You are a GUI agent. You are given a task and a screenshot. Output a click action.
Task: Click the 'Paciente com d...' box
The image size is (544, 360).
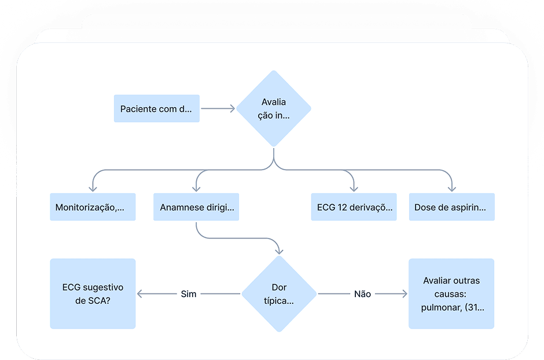156,109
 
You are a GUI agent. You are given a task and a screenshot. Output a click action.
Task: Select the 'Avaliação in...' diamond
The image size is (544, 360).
274,108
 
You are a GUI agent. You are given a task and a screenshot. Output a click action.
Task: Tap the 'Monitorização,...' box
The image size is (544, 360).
93,207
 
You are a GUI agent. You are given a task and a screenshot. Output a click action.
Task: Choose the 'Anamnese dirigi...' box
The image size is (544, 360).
196,207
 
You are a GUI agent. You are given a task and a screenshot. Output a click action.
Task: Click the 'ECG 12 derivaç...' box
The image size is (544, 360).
354,207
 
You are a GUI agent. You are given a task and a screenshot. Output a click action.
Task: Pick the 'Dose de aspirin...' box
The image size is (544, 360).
452,207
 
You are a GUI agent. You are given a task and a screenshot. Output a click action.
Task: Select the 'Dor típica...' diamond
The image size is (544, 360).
279,294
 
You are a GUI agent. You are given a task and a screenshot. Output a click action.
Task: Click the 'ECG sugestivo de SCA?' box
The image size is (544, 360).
93,294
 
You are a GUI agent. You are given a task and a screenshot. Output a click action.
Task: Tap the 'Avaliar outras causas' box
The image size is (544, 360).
451,294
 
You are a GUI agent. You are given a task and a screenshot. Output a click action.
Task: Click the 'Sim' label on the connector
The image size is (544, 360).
189,294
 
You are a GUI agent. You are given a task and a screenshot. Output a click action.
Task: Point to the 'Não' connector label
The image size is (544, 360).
362,294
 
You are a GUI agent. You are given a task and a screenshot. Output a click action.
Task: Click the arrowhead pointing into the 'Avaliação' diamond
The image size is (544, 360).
232,108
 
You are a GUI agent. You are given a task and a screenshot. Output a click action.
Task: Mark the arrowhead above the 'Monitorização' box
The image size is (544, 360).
93,189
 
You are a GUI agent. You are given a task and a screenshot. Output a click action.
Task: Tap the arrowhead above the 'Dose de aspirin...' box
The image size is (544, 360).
452,189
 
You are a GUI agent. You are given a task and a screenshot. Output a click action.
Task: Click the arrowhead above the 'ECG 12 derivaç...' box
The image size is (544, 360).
354,189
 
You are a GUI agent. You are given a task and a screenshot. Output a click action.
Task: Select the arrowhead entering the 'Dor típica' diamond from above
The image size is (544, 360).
279,251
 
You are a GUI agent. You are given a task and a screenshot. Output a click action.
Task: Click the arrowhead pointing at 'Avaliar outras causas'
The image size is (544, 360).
404,294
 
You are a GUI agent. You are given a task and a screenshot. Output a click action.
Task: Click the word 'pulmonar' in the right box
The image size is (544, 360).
441,307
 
